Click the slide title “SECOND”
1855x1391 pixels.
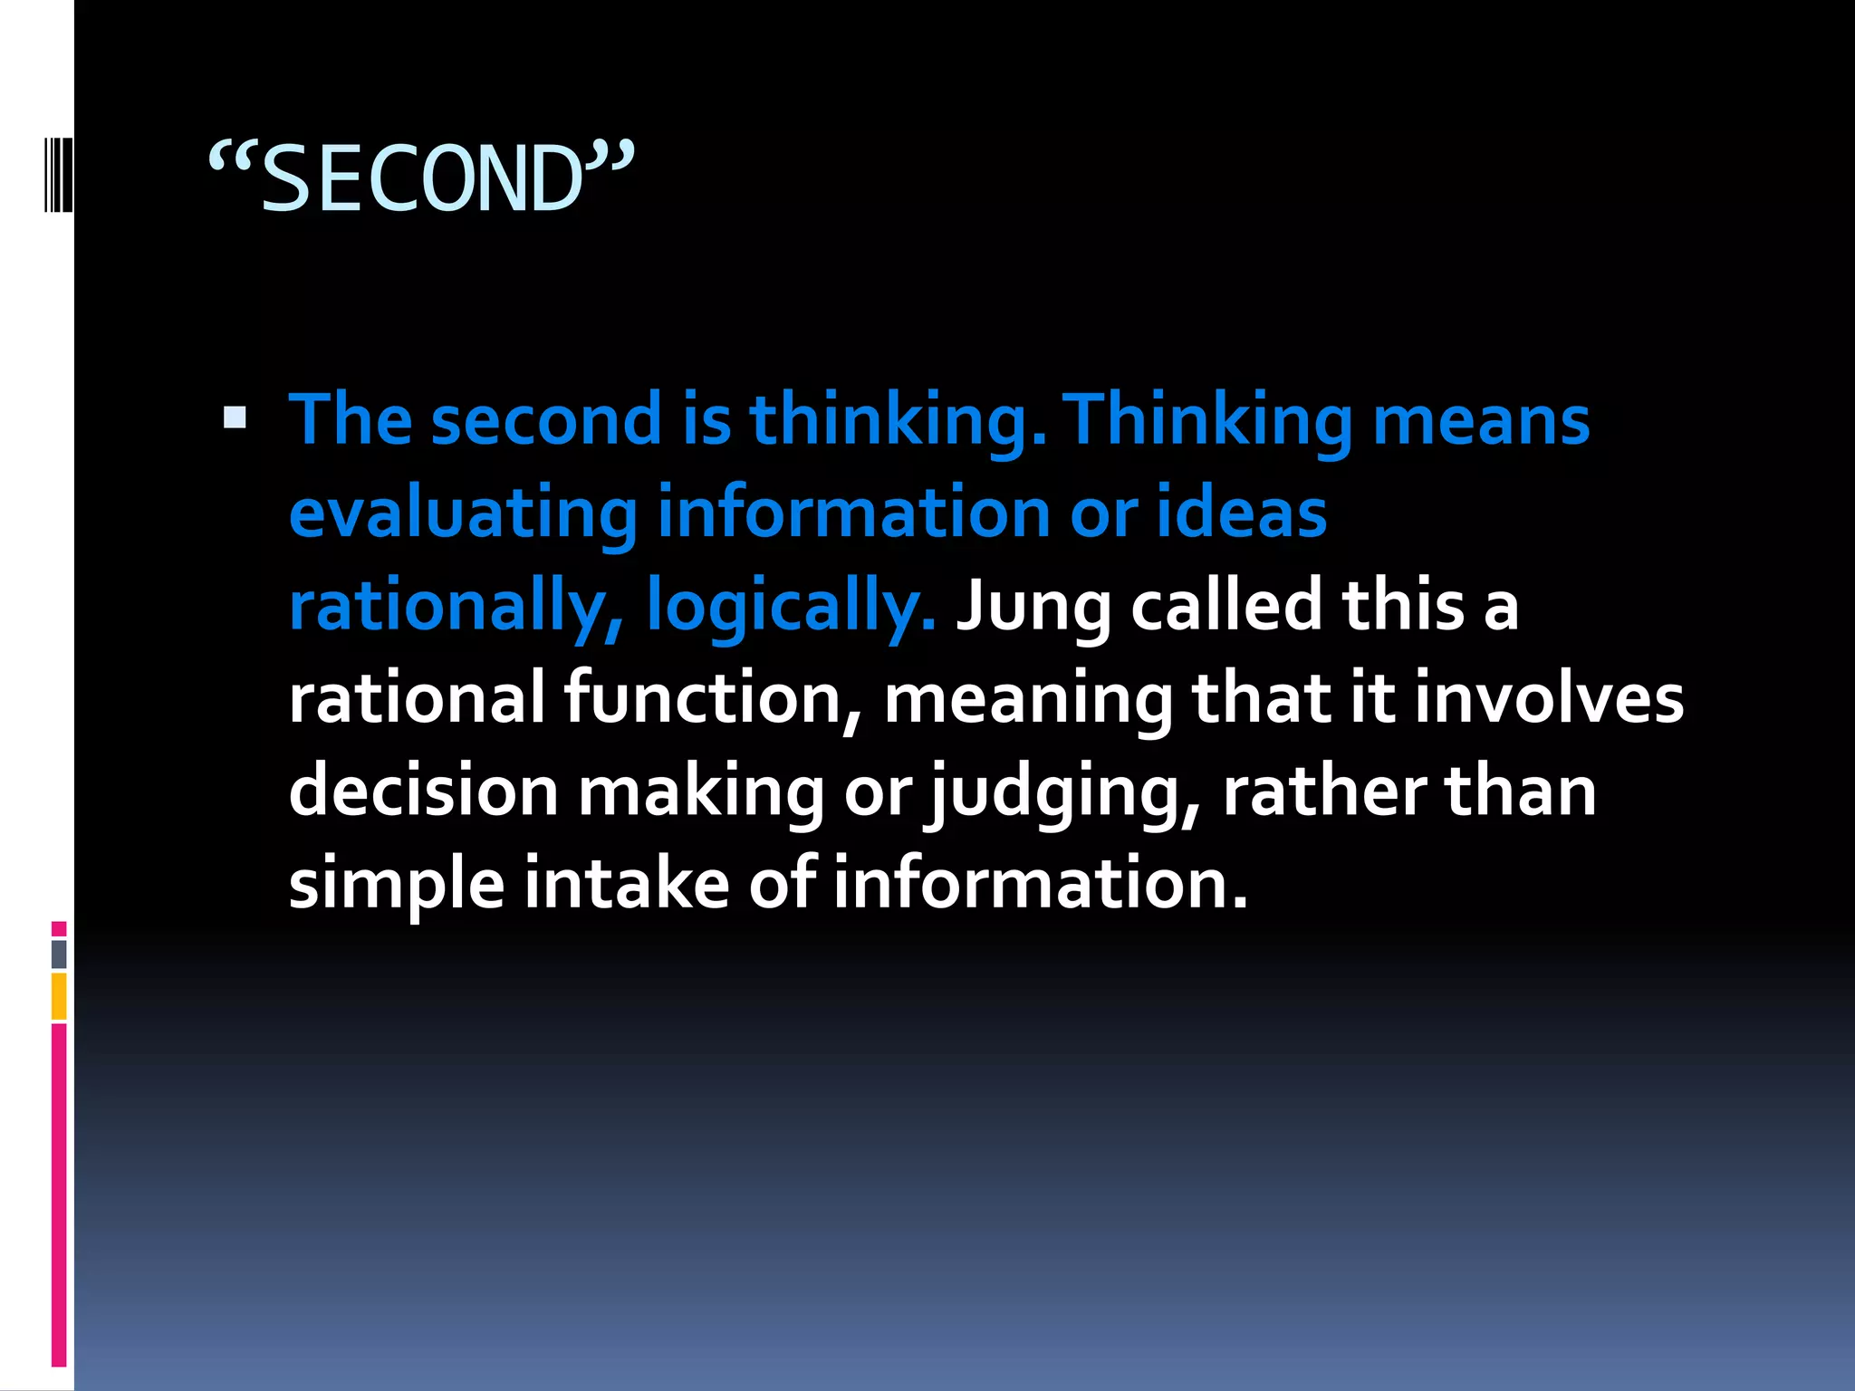[421, 178]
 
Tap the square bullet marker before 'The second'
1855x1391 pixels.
[235, 417]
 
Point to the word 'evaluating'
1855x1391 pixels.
[463, 513]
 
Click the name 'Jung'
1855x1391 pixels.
[1033, 606]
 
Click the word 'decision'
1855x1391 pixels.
[423, 791]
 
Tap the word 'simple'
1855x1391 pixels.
[396, 885]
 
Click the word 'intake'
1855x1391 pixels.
[626, 883]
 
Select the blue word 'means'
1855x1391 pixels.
[1481, 421]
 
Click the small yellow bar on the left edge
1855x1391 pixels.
[59, 996]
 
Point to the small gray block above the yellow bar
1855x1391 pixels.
[59, 954]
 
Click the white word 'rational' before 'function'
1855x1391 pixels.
[416, 698]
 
